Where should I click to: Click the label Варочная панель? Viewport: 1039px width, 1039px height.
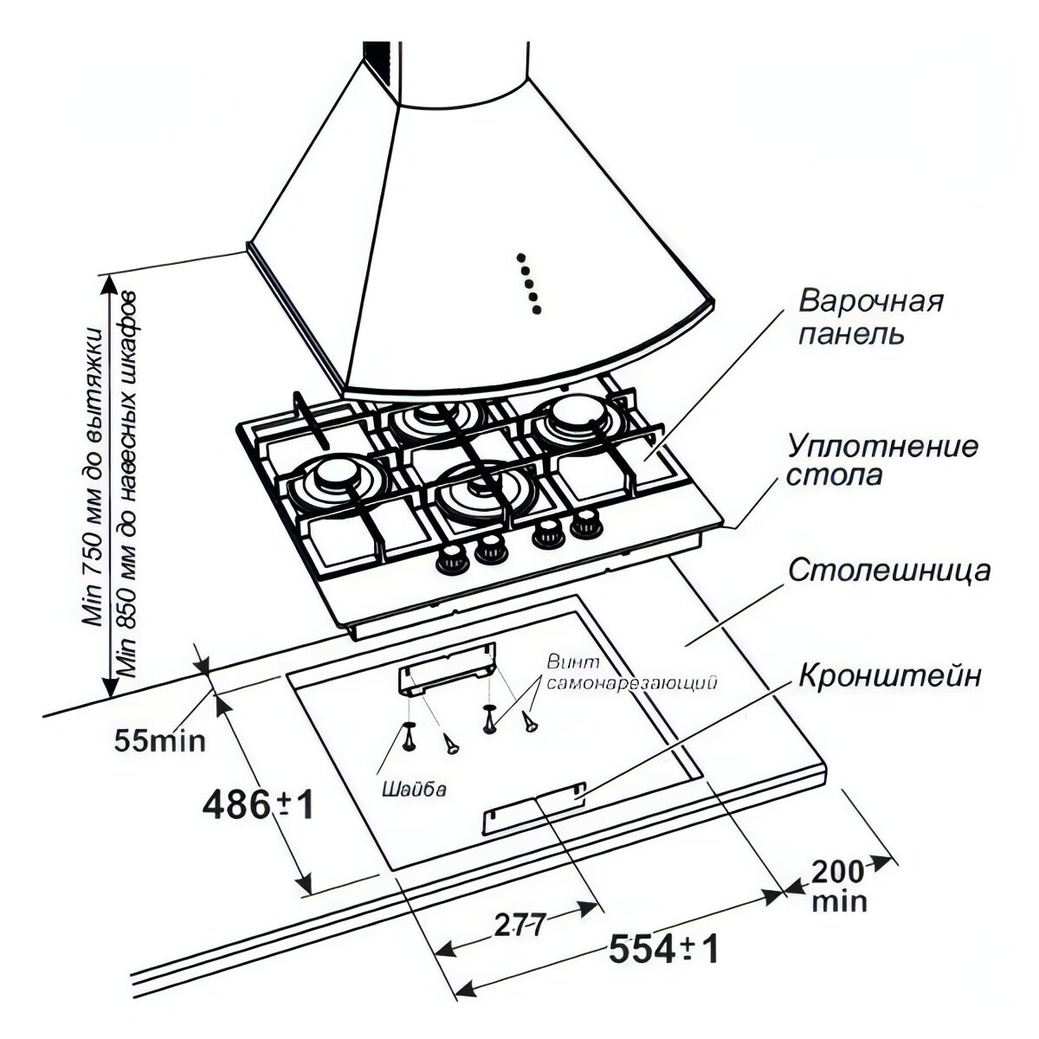[x=870, y=317]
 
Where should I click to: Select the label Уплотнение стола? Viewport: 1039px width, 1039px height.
[x=882, y=461]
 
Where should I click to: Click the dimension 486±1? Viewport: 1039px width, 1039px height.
[x=256, y=805]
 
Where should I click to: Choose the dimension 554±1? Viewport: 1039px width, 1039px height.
[x=664, y=950]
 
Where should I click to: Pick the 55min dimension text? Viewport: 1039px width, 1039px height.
[x=159, y=740]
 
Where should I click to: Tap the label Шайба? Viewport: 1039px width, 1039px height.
[x=413, y=789]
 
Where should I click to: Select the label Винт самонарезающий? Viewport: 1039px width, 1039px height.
[x=633, y=673]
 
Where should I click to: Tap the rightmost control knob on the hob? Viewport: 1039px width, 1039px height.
[x=589, y=521]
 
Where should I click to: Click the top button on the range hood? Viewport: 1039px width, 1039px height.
[x=521, y=258]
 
